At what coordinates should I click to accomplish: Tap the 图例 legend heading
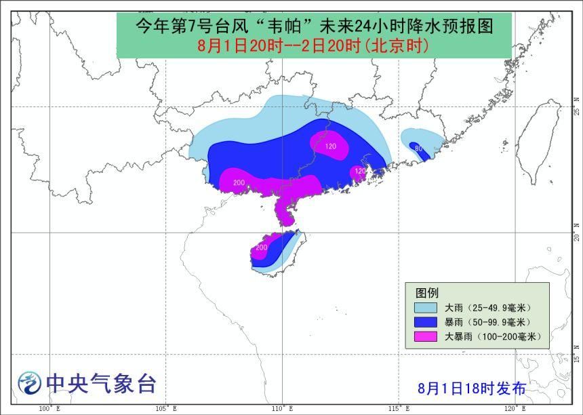point(427,292)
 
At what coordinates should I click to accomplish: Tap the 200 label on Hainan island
point(261,249)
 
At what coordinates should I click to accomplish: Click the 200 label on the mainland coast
point(239,183)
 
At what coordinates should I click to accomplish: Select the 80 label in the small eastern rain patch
point(418,149)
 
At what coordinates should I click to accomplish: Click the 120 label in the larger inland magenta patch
point(331,146)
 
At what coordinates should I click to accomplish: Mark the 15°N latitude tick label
point(576,355)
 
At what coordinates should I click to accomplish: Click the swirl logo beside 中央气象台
point(29,384)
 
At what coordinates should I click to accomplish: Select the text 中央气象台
point(101,384)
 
